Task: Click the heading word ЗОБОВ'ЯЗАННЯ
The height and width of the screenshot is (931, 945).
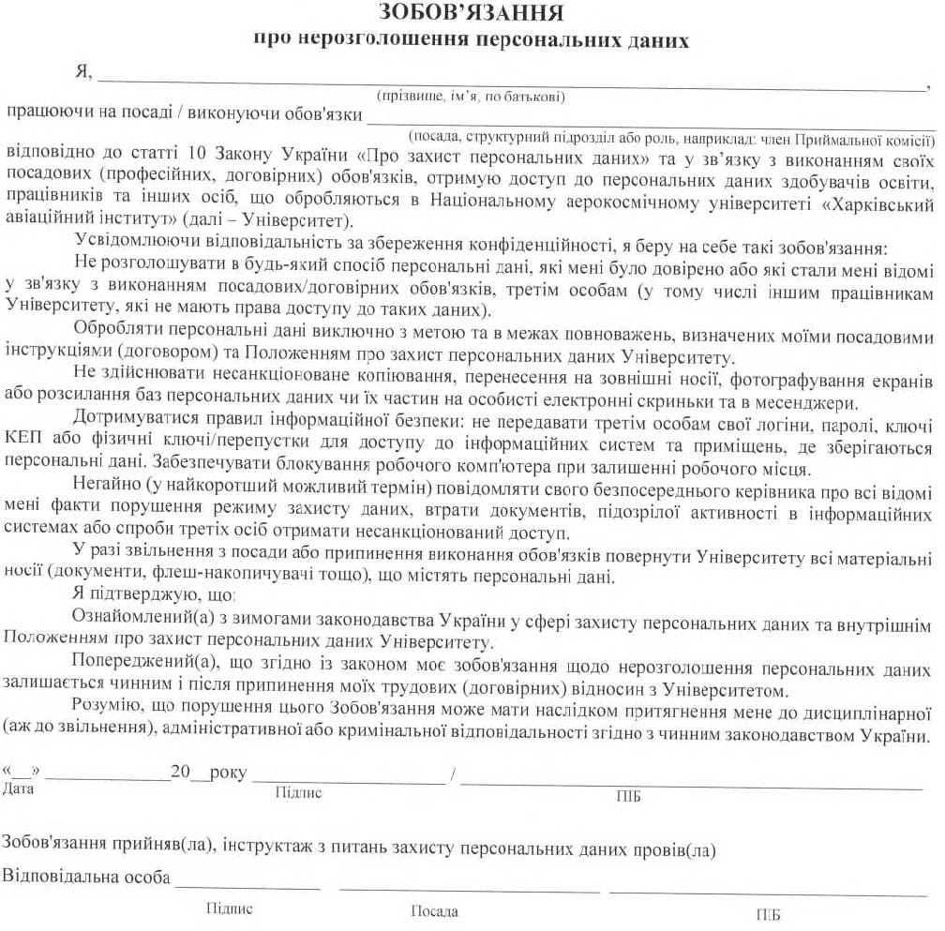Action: (x=472, y=13)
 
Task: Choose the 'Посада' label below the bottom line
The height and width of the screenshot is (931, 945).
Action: (x=435, y=911)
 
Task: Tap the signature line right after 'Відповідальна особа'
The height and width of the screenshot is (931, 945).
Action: (x=247, y=885)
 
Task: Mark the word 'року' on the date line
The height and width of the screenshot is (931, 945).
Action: (x=229, y=773)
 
